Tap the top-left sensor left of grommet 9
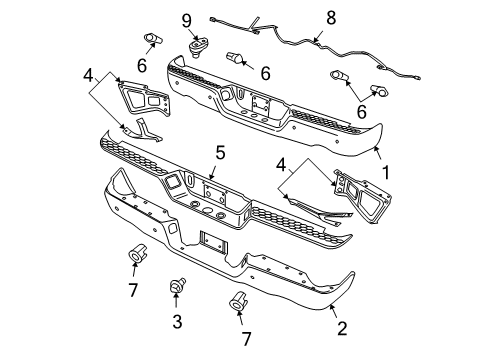(x=153, y=39)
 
